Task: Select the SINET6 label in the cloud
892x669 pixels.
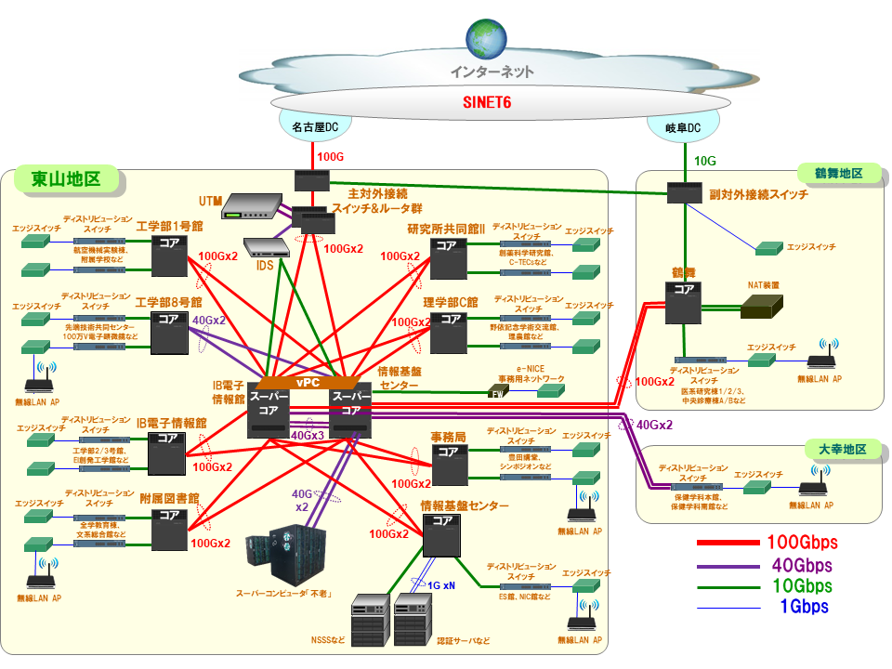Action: point(488,101)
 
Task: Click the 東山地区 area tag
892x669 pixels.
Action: point(65,178)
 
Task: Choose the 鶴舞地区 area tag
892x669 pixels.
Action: point(844,174)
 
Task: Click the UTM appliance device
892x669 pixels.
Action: point(254,205)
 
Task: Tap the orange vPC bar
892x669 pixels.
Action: point(308,383)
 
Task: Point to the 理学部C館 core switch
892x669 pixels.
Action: point(450,333)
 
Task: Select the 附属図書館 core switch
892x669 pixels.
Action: point(169,528)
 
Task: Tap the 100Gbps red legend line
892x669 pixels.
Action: point(730,543)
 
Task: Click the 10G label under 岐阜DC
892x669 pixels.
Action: point(706,161)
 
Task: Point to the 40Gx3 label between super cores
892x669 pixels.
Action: point(308,435)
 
